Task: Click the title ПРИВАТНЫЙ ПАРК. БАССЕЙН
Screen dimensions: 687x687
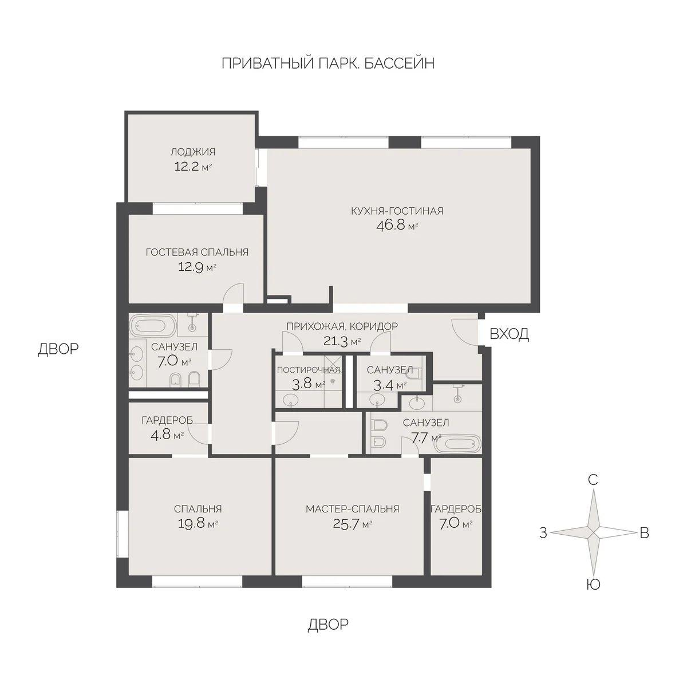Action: pyautogui.click(x=327, y=63)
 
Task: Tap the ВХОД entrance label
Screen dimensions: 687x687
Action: pyautogui.click(x=509, y=334)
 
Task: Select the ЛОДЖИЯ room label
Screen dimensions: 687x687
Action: pyautogui.click(x=192, y=152)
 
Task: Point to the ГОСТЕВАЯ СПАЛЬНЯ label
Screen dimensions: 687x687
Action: pyautogui.click(x=197, y=252)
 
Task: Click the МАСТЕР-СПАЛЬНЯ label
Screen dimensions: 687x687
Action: pyautogui.click(x=352, y=509)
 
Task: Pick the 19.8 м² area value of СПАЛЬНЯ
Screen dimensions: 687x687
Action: pyautogui.click(x=198, y=523)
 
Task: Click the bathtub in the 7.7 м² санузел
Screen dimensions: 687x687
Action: pyautogui.click(x=456, y=444)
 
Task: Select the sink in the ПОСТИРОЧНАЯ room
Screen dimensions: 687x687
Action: pyautogui.click(x=293, y=399)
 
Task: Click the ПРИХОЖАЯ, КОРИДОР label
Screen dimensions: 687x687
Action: pyautogui.click(x=342, y=326)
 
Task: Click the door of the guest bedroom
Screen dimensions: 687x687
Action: pyautogui.click(x=233, y=296)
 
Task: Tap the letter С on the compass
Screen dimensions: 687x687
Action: pyautogui.click(x=594, y=480)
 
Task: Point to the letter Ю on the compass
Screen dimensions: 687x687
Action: pyautogui.click(x=594, y=585)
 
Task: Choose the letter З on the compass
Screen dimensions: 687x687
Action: pyautogui.click(x=543, y=533)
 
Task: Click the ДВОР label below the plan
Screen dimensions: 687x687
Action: pyautogui.click(x=327, y=624)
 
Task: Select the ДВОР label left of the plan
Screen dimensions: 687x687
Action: pyautogui.click(x=58, y=349)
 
